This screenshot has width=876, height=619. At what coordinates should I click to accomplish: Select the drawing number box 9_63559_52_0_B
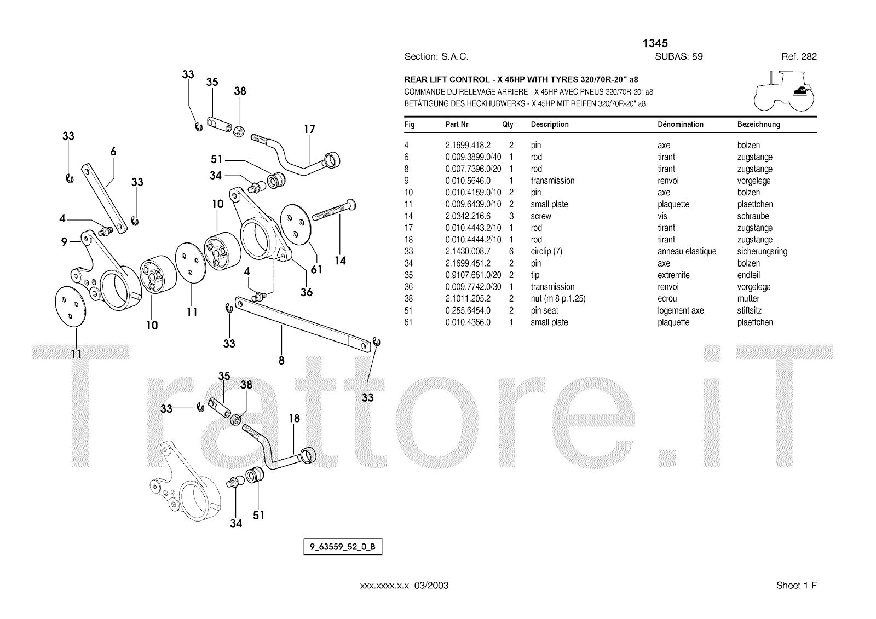(343, 547)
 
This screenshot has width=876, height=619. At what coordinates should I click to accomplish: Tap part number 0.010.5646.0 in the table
(468, 181)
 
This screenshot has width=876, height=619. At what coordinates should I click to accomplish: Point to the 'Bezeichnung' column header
(758, 124)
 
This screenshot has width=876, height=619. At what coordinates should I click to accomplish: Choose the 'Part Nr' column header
(457, 124)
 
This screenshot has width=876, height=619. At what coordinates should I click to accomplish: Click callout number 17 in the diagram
(309, 130)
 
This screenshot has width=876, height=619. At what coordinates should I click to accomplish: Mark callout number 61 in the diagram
(316, 269)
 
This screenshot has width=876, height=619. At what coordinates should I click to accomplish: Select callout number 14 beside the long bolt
(340, 261)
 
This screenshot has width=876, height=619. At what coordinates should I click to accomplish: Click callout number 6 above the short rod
(113, 152)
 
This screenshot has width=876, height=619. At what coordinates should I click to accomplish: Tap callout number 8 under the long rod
(281, 361)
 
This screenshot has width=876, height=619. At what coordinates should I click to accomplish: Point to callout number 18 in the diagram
(294, 419)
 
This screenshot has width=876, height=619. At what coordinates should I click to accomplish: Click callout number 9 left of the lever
(64, 241)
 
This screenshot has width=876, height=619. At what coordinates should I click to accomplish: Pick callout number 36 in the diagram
(307, 292)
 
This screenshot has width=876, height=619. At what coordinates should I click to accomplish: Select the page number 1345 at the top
(655, 43)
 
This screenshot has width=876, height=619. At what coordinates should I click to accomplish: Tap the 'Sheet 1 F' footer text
(796, 586)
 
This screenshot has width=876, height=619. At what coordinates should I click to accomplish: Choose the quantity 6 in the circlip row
(511, 252)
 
